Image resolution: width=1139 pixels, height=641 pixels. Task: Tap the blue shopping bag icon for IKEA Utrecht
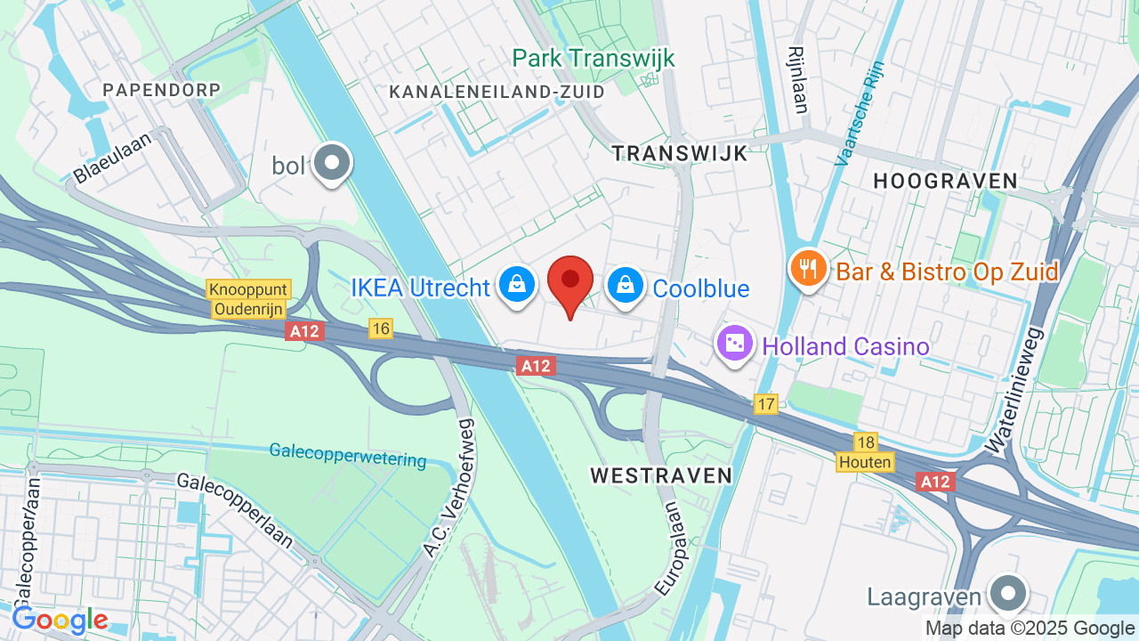point(516,285)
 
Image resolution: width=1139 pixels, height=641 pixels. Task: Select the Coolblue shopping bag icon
point(626,285)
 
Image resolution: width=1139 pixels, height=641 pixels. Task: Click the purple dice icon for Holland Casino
point(735,344)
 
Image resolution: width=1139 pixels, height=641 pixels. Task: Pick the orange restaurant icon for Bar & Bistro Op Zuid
point(808,268)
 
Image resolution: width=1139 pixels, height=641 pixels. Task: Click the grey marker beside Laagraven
point(1008,593)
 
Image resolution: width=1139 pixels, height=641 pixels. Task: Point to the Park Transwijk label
point(594,59)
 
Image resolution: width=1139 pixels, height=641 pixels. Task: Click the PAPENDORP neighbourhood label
point(161,90)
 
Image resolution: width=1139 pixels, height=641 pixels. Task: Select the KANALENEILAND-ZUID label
point(497,92)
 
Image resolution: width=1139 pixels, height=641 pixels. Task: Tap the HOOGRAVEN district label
point(945,182)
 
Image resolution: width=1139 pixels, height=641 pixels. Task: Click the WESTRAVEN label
point(661,475)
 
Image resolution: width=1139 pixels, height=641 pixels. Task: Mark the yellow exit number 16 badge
point(381,329)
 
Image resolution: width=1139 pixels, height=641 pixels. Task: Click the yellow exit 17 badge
point(766,403)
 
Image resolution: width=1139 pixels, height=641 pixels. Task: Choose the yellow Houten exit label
point(865,462)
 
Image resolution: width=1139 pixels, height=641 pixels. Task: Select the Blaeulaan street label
point(114,158)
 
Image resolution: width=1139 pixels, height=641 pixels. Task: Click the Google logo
point(60,620)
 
